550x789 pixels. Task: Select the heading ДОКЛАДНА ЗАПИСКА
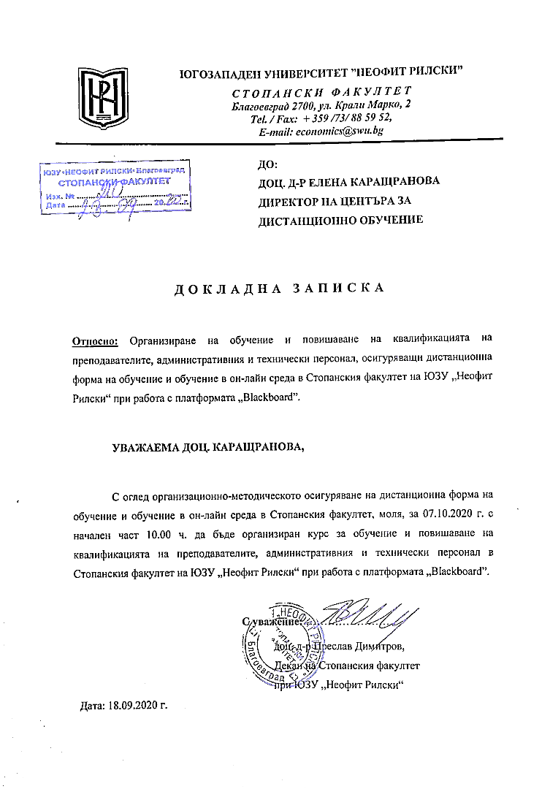coord(279,289)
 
